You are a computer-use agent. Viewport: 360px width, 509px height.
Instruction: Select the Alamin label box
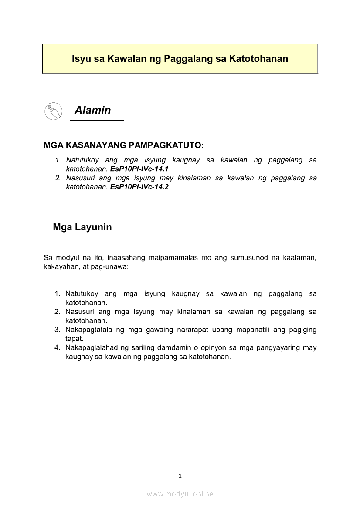click(x=97, y=111)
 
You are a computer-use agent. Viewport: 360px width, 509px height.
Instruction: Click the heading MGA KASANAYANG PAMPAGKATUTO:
click(x=124, y=145)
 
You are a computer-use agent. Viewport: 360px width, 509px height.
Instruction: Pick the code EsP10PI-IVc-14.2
click(x=139, y=187)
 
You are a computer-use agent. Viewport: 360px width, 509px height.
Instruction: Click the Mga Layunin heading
click(x=82, y=227)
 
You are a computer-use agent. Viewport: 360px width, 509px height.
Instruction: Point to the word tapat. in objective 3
click(x=74, y=338)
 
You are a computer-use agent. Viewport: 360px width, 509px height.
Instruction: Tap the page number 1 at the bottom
click(x=180, y=476)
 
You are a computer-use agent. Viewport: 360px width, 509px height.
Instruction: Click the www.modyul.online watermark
click(x=180, y=494)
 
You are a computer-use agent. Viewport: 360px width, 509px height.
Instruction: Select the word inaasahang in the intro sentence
click(x=126, y=258)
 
